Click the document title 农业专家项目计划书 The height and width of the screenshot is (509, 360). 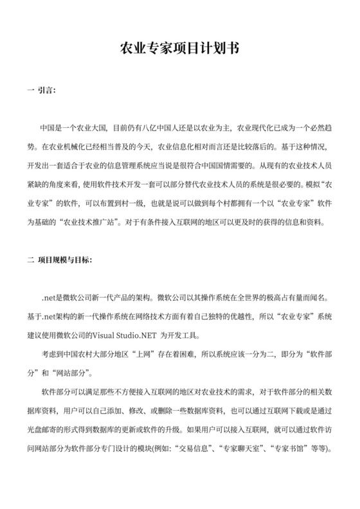point(179,49)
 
